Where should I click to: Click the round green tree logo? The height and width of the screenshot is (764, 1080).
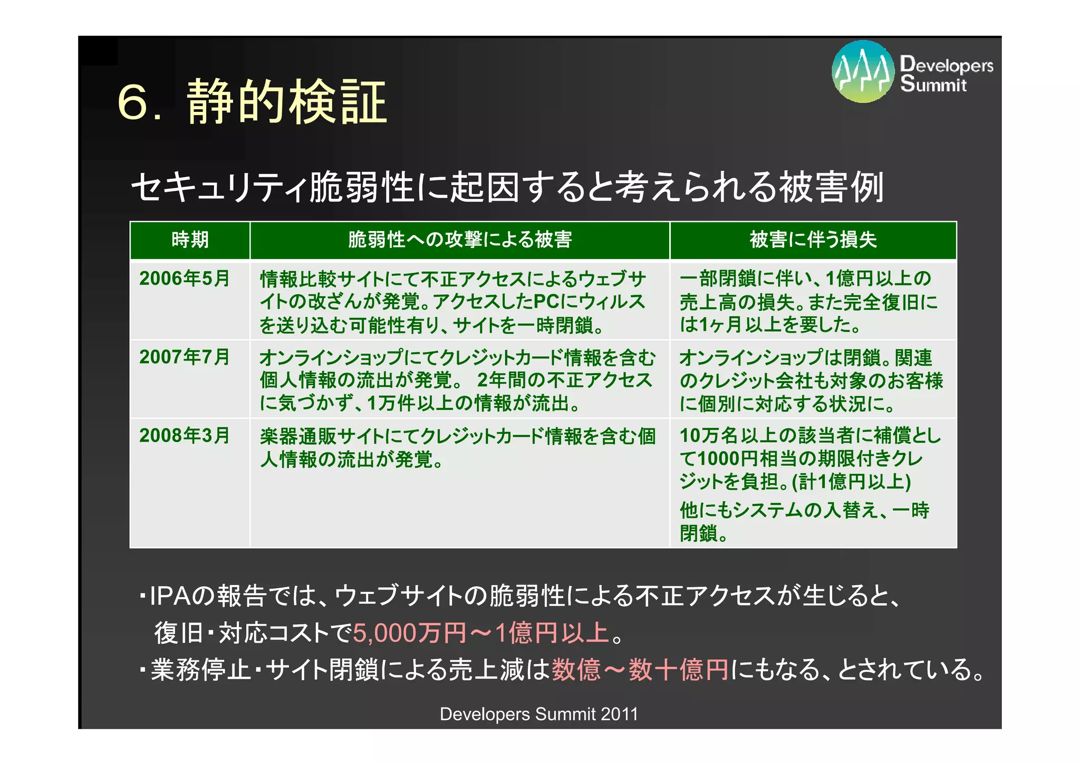pyautogui.click(x=862, y=72)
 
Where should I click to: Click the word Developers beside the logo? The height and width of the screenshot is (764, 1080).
pyautogui.click(x=947, y=64)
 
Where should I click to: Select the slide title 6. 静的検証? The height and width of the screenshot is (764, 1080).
pyautogui.click(x=252, y=102)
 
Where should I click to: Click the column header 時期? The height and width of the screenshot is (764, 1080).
pyautogui.click(x=190, y=240)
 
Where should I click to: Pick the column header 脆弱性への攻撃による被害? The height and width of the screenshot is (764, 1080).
pyautogui.click(x=460, y=240)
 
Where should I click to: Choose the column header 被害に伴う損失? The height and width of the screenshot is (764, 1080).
pyautogui.click(x=813, y=240)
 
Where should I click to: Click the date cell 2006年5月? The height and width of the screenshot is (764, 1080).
pyautogui.click(x=185, y=279)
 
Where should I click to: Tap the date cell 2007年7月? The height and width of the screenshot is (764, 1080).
pyautogui.click(x=185, y=357)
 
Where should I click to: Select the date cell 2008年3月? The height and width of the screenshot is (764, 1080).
pyautogui.click(x=185, y=436)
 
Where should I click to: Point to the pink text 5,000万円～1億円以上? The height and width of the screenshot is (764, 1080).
pyautogui.click(x=481, y=633)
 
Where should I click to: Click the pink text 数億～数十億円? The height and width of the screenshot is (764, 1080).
pyautogui.click(x=640, y=670)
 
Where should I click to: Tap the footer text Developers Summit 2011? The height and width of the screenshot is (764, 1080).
pyautogui.click(x=538, y=714)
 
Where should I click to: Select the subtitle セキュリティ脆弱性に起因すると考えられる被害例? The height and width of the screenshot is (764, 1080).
pyautogui.click(x=507, y=187)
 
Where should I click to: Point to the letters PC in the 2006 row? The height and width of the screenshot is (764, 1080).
pyautogui.click(x=546, y=302)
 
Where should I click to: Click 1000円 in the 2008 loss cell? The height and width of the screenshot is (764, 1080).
pyautogui.click(x=728, y=459)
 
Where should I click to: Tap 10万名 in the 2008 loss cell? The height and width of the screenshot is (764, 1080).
pyautogui.click(x=709, y=436)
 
